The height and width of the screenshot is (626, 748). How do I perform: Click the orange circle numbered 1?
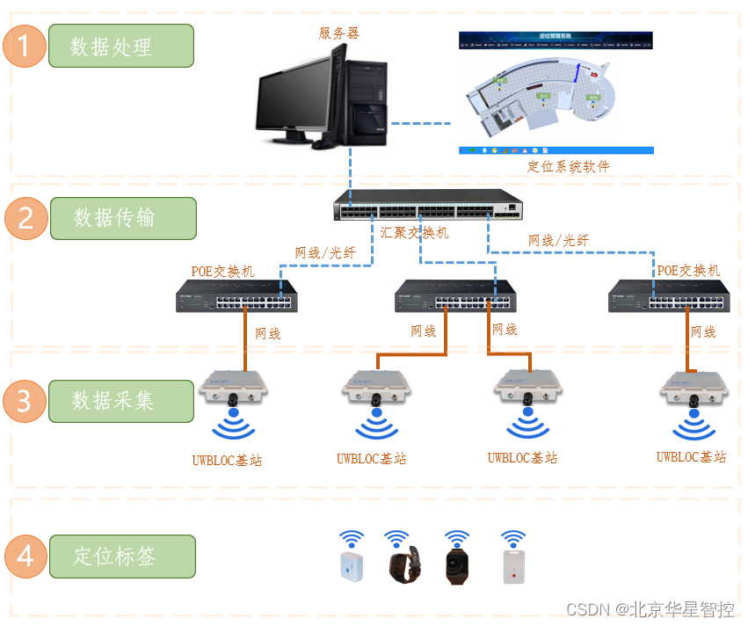pyautogui.click(x=25, y=46)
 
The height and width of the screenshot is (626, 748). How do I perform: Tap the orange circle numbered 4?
pyautogui.click(x=25, y=557)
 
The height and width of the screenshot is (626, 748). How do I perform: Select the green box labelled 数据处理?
pyautogui.click(x=120, y=46)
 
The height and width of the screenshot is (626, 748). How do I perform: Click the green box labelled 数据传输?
pyautogui.click(x=122, y=217)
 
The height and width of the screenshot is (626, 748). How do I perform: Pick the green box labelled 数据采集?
pyautogui.click(x=120, y=401)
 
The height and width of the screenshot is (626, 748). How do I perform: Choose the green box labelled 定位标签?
pyautogui.click(x=122, y=557)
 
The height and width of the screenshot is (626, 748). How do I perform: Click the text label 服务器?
pyautogui.click(x=338, y=33)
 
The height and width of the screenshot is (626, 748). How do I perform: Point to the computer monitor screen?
pyautogui.click(x=294, y=97)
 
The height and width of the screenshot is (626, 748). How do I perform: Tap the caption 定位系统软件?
pyautogui.click(x=568, y=166)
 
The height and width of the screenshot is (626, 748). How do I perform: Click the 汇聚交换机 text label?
pyautogui.click(x=415, y=233)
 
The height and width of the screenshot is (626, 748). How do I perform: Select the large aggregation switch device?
pyautogui.click(x=428, y=206)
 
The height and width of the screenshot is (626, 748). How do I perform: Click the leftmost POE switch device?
pyautogui.click(x=236, y=296)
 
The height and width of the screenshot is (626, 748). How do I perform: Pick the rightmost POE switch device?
pyautogui.click(x=667, y=296)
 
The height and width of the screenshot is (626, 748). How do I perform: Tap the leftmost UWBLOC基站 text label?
pyautogui.click(x=227, y=460)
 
